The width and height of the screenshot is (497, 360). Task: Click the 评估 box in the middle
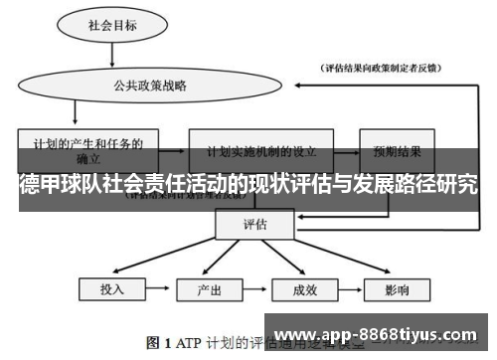click(x=255, y=224)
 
